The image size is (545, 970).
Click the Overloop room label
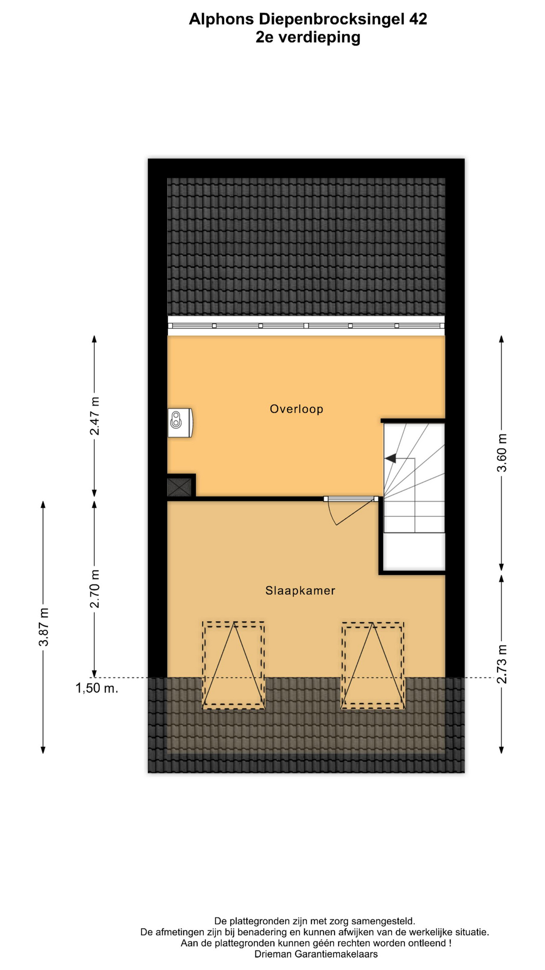[296, 409]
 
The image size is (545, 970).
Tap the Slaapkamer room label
[300, 590]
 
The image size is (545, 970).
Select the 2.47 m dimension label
[94, 416]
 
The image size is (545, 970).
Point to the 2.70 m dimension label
[94, 589]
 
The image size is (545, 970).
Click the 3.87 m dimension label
[43, 626]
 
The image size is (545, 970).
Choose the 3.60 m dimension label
[502, 452]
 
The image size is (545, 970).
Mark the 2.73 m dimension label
[502, 664]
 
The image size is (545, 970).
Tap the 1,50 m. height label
[97, 688]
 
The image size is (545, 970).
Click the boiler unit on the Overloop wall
[180, 422]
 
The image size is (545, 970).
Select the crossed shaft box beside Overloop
[180, 487]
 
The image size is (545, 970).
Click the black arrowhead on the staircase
[390, 458]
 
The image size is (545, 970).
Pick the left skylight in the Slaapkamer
[234, 665]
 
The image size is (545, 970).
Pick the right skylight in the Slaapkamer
[373, 665]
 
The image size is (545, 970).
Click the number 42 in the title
[418, 19]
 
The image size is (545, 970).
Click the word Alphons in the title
[222, 20]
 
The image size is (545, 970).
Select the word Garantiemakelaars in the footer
[336, 954]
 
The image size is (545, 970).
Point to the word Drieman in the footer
[273, 954]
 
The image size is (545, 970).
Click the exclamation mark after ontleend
[450, 943]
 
